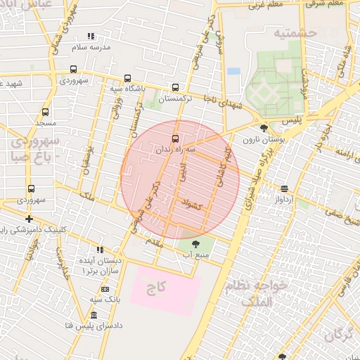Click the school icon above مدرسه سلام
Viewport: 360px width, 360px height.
(90, 36)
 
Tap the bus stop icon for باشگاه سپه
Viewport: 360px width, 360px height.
(127, 79)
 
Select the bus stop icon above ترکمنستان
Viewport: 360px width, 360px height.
(174, 88)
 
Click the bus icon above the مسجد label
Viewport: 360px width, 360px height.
(46, 112)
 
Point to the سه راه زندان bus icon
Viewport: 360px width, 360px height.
(175, 139)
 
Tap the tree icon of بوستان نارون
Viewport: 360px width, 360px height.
(264, 128)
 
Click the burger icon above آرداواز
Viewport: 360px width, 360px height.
(284, 188)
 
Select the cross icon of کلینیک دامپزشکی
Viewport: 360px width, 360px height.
(29, 219)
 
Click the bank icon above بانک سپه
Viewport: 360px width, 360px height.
(105, 289)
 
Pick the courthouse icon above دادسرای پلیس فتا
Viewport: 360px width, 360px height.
(94, 314)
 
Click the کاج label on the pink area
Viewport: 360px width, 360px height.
(155, 288)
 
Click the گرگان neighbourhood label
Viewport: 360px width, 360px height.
(339, 334)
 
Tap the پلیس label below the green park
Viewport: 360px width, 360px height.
(292, 121)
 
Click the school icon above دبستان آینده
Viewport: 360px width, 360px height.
(100, 250)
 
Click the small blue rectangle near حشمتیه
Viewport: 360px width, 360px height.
(233, 71)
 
